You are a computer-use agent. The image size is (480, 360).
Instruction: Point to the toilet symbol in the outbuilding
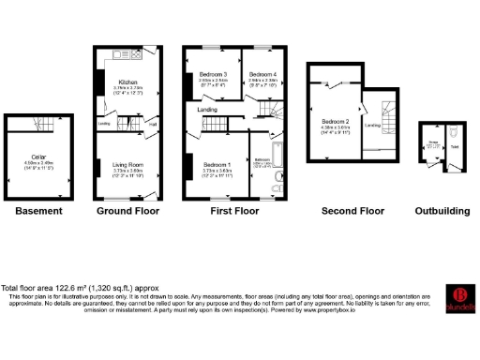coord(454,130)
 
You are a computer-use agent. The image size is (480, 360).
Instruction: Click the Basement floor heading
coord(38,212)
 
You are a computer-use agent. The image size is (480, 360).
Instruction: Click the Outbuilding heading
coord(442,212)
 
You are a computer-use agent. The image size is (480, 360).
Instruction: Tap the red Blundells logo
coord(459,298)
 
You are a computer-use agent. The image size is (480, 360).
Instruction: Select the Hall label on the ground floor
coord(152,123)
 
